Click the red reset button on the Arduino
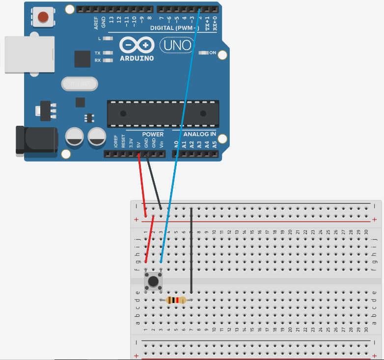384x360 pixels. tap(43, 17)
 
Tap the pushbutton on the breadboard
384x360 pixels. tap(153, 281)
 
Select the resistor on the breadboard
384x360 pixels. tap(176, 300)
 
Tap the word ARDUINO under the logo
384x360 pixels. tap(137, 58)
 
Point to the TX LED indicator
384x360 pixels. tap(109, 53)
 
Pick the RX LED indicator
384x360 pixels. tap(109, 60)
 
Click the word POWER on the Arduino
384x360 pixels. tap(153, 134)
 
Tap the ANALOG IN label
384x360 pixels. tap(199, 134)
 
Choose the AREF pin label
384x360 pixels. tap(96, 22)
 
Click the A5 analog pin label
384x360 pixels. tap(215, 144)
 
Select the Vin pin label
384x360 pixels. tap(161, 144)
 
